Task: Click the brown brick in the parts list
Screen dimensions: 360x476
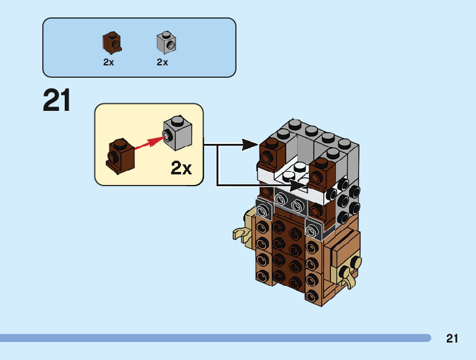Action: coord(111,42)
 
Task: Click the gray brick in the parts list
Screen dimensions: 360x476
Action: coord(166,42)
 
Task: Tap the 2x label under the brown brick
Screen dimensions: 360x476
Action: coord(109,62)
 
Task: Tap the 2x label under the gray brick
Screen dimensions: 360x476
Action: coord(162,62)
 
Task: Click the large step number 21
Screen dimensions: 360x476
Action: coord(57,101)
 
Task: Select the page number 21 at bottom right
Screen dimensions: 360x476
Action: coord(452,339)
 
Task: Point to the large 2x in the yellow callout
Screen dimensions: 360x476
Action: coord(181,168)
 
